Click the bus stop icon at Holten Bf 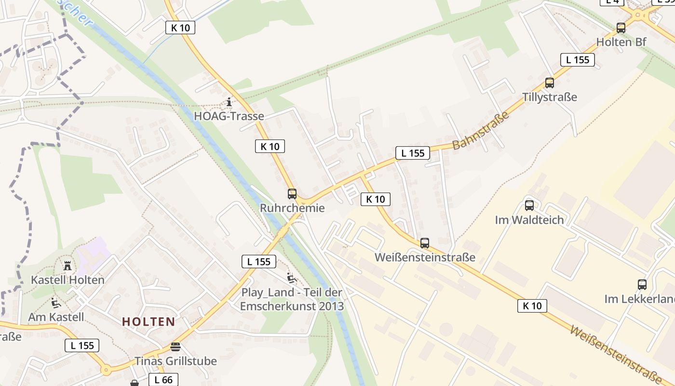(x=621, y=28)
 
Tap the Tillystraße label (x=550, y=97)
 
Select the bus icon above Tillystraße (x=550, y=83)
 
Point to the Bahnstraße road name (x=481, y=131)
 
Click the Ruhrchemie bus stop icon (x=292, y=194)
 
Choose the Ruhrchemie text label (x=292, y=208)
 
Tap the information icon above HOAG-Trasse (x=229, y=102)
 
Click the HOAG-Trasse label (x=229, y=116)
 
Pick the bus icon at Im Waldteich (x=529, y=206)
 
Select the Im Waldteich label (x=529, y=220)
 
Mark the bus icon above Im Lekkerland (x=642, y=285)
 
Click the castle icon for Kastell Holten (x=67, y=266)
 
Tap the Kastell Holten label (x=67, y=280)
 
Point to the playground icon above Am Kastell (x=56, y=303)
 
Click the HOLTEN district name (x=148, y=322)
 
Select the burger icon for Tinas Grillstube (x=175, y=347)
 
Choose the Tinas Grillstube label (x=175, y=361)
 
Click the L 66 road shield (x=163, y=380)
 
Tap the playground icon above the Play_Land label (x=291, y=278)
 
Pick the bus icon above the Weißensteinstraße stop (x=425, y=243)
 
